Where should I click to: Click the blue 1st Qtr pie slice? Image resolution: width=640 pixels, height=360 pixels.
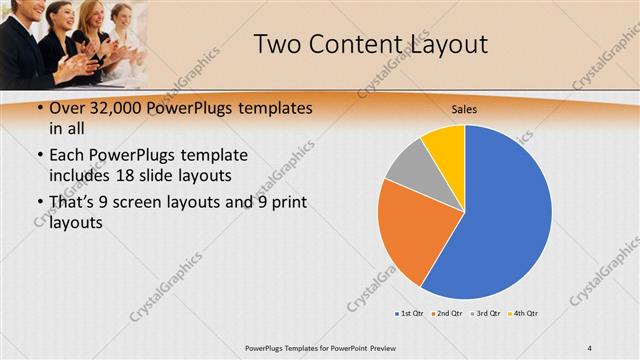tap(505, 215)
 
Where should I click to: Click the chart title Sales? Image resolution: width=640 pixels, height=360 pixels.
tap(464, 108)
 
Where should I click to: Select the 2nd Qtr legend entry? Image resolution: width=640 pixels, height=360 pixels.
tap(445, 314)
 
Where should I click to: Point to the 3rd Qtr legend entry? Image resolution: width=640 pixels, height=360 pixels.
tap(484, 314)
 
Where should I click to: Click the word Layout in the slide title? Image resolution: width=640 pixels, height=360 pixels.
tap(449, 44)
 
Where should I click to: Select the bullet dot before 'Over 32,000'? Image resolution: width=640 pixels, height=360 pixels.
tap(37, 108)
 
